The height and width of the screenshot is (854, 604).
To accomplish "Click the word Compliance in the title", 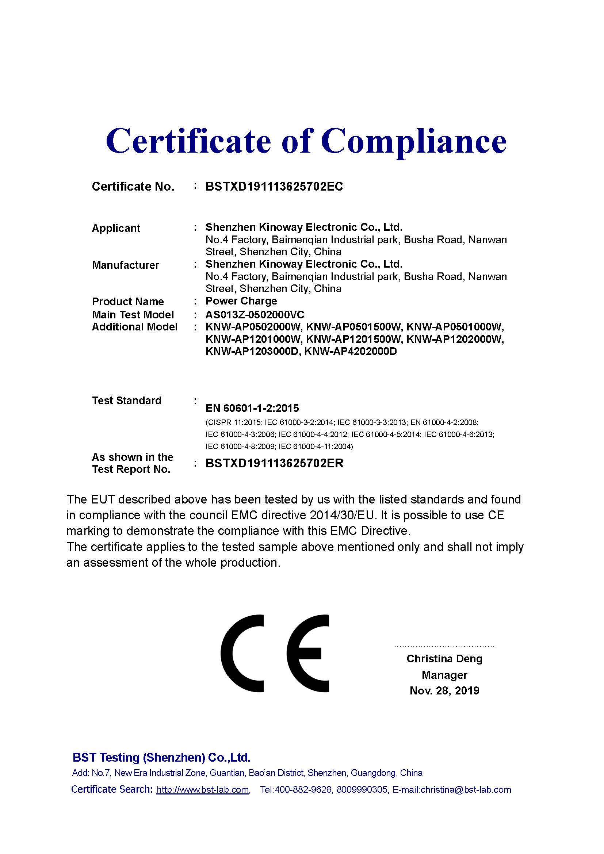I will click(414, 141).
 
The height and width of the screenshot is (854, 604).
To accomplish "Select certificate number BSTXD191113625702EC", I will click(274, 186).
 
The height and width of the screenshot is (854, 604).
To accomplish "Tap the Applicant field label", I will click(116, 228).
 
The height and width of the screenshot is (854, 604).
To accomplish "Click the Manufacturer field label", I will click(125, 265).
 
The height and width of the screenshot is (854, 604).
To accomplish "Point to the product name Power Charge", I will click(241, 300).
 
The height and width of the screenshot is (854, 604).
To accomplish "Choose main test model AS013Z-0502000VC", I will click(255, 315).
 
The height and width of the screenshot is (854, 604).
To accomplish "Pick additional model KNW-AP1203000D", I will click(253, 351).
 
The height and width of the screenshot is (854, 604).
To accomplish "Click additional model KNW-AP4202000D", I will click(350, 351).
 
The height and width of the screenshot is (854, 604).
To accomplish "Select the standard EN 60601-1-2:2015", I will click(252, 408).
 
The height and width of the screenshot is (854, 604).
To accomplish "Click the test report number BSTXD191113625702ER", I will click(275, 463).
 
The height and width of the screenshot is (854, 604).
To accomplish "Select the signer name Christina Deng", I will click(444, 659).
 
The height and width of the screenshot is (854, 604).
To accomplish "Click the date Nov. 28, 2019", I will click(444, 691).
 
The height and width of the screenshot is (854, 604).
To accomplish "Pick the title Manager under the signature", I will click(444, 675).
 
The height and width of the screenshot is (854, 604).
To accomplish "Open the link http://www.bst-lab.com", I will click(203, 790).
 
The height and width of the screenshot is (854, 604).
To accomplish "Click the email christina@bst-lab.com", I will click(466, 790).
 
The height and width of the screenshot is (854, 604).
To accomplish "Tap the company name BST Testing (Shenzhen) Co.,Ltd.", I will click(161, 757).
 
